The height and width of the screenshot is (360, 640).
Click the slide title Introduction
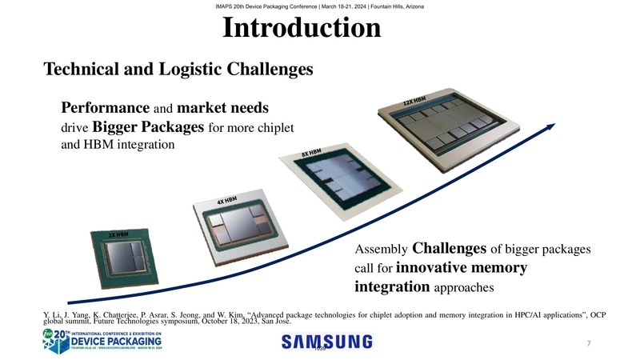coord(302,30)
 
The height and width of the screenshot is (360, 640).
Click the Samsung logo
coord(326,342)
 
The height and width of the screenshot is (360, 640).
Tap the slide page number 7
coord(588,344)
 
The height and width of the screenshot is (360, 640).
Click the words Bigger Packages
coord(148,127)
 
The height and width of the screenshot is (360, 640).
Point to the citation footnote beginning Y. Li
coord(320,318)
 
